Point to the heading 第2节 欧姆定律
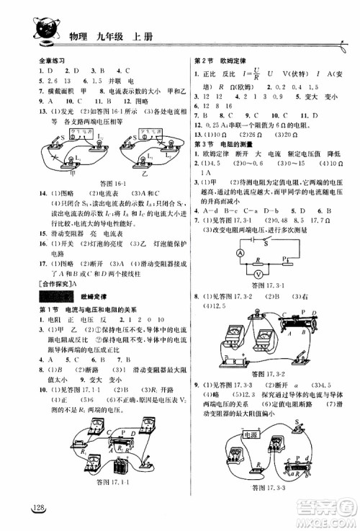[224, 63]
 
